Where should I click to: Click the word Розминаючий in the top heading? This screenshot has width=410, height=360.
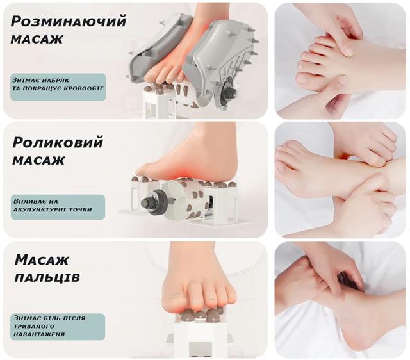click(x=69, y=22)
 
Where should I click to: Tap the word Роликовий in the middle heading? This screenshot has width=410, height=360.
click(x=58, y=143)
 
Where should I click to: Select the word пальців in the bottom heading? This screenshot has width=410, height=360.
click(x=47, y=277)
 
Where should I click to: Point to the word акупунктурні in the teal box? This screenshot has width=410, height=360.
click(x=39, y=209)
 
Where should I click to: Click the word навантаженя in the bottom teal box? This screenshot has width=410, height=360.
click(x=39, y=334)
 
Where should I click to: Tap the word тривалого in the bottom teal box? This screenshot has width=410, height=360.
click(x=34, y=326)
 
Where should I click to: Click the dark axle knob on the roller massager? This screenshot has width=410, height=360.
click(x=148, y=202)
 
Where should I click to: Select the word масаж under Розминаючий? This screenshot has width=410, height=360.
click(x=37, y=40)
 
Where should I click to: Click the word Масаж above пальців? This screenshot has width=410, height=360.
click(x=42, y=261)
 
